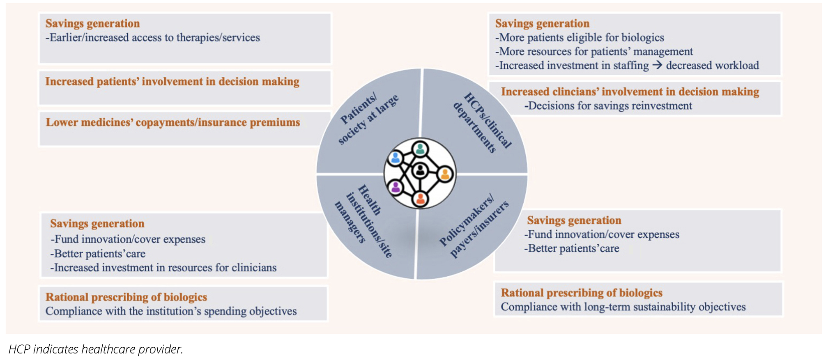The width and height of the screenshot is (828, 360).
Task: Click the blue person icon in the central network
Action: [396, 158]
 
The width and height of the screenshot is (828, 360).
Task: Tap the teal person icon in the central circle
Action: [420, 149]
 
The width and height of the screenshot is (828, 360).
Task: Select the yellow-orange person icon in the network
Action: [445, 174]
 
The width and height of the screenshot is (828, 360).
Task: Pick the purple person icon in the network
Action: [396, 188]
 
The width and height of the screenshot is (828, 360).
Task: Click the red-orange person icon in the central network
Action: [420, 199]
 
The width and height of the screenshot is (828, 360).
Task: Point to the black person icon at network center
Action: [420, 170]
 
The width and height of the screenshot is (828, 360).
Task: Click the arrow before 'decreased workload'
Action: [657, 65]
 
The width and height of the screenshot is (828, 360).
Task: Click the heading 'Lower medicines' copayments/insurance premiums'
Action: [173, 122]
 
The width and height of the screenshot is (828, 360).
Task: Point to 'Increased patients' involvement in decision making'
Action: [172, 81]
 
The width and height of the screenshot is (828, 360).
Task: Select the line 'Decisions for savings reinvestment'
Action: [608, 106]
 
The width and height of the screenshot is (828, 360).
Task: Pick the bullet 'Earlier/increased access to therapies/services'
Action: [152, 38]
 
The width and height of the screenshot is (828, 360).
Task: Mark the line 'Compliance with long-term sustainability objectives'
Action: [623, 307]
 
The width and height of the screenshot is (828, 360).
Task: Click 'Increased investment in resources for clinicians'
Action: [163, 268]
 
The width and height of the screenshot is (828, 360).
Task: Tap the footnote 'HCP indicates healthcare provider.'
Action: [96, 349]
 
